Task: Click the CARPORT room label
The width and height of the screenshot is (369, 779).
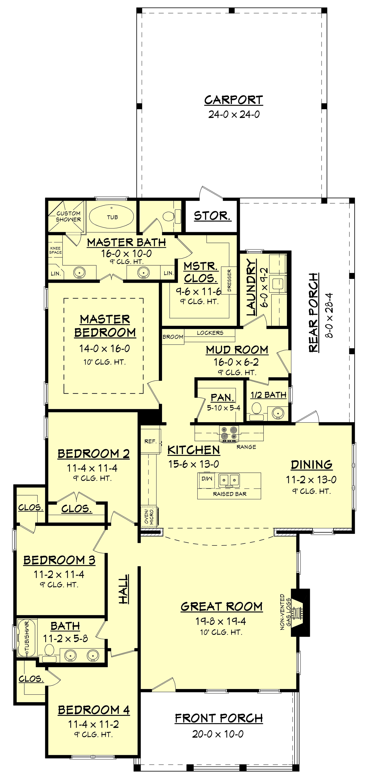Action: point(233,100)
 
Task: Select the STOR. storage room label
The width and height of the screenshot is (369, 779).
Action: point(212,216)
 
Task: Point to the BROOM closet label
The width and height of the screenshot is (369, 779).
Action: point(173,337)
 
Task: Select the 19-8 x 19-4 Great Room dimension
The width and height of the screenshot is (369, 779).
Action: point(221,621)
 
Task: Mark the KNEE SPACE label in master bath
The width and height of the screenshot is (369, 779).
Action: point(55,250)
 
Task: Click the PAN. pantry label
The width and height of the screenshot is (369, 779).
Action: point(223,397)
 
